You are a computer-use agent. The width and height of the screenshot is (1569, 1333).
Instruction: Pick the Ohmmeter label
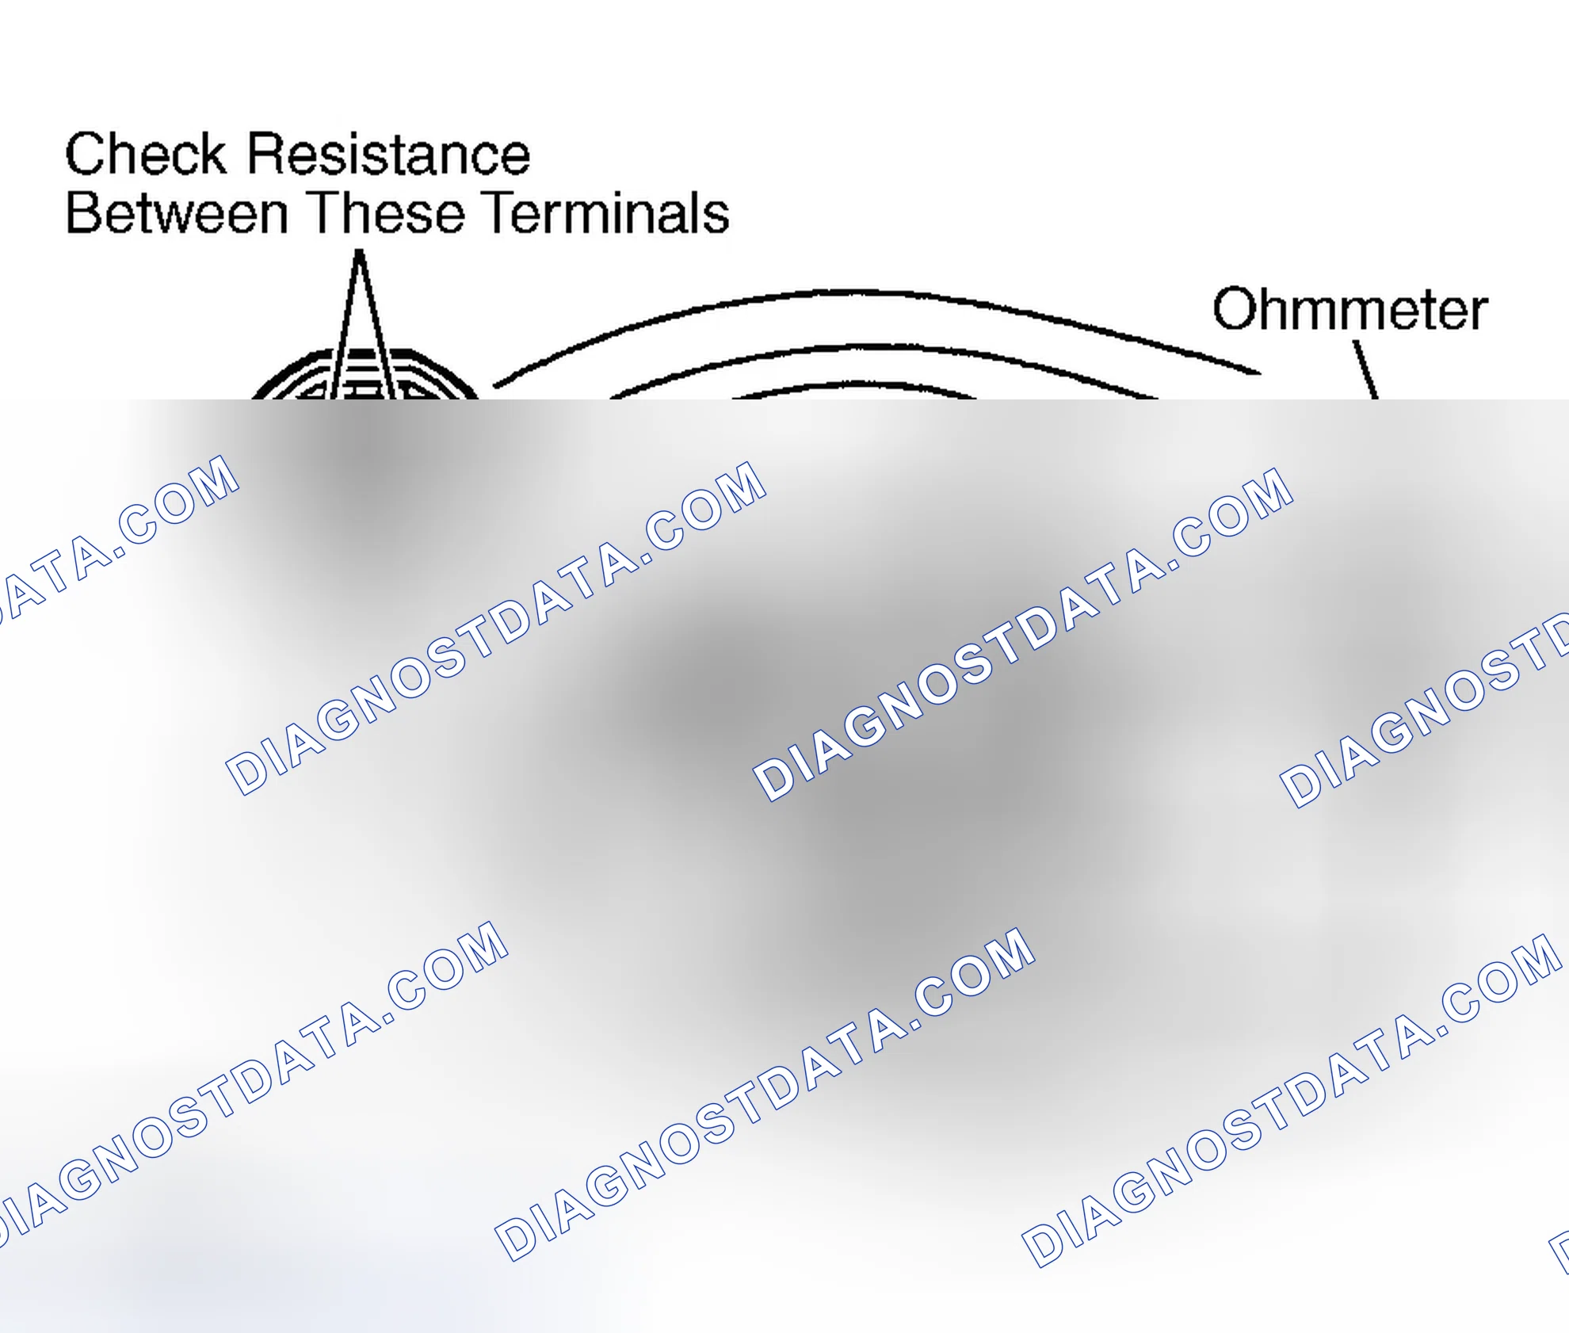(1350, 308)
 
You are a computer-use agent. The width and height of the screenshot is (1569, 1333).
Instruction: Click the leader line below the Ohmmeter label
(1365, 370)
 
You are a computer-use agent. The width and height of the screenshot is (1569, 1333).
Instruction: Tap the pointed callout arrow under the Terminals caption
(360, 324)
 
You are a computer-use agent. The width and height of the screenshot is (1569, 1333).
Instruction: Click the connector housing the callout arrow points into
(365, 374)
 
